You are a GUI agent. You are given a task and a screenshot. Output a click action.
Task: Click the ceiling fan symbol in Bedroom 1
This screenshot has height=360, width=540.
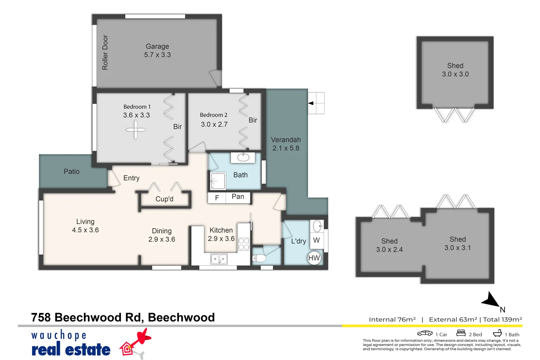pos(136,130)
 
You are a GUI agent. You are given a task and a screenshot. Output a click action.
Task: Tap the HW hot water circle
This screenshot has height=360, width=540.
pos(314,258)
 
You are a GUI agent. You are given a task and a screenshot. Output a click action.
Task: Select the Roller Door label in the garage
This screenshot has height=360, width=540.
pos(105,52)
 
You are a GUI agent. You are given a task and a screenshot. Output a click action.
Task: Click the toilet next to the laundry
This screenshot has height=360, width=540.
pos(259,258)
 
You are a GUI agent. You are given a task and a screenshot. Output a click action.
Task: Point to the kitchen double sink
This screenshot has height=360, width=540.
pos(219,259)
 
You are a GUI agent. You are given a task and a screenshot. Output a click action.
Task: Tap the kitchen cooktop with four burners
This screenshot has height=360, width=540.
pos(244,244)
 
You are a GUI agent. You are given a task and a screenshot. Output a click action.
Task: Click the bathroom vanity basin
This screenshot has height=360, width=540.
pos(243,157)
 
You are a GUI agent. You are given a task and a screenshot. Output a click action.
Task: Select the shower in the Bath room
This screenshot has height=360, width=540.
pos(218,181)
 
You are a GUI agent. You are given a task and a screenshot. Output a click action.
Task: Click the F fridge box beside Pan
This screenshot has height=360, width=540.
pos(217,198)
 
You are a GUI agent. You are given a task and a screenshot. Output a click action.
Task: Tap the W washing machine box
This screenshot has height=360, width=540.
pos(316,240)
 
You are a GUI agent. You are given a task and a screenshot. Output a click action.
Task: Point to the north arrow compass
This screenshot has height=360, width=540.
pos(491,300)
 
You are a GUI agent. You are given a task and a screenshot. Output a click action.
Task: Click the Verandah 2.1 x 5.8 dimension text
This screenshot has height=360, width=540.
pos(286,148)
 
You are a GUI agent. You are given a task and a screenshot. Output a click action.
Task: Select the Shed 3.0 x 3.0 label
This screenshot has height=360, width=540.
pos(455,70)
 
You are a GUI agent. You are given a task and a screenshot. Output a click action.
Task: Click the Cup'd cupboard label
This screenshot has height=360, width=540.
pos(164,199)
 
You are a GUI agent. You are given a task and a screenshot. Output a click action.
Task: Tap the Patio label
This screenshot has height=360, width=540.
pos(72,172)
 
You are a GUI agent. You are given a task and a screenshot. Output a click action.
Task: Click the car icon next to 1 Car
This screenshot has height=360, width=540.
pos(425,333)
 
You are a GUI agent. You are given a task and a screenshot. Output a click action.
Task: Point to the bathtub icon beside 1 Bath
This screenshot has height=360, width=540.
pos(497,333)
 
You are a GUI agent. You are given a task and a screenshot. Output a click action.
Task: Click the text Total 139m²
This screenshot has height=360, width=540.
pos(502,319)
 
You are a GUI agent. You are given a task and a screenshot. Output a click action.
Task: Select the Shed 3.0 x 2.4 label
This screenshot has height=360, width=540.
pos(389,245)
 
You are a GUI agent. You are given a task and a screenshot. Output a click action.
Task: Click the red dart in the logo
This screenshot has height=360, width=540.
pos(142,337)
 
